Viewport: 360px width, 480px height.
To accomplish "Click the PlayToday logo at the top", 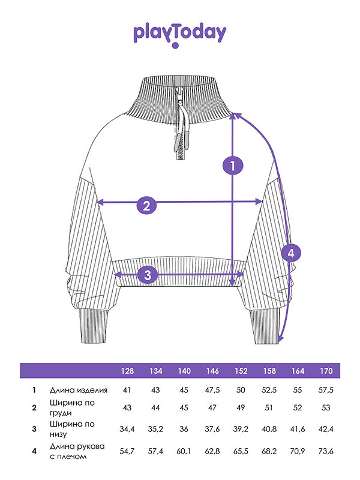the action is pyautogui.click(x=179, y=35).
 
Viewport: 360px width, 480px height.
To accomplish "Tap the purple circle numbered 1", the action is pyautogui.click(x=233, y=166).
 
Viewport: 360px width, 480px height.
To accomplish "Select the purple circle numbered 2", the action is pyautogui.click(x=146, y=205).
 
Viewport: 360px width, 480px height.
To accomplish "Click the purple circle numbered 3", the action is pyautogui.click(x=148, y=275).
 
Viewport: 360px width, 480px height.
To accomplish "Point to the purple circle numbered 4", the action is pyautogui.click(x=291, y=253).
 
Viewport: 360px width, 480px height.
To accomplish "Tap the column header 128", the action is pyautogui.click(x=127, y=371).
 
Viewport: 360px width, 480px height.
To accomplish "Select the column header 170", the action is pyautogui.click(x=326, y=371).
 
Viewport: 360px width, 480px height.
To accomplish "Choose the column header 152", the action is pyautogui.click(x=241, y=371).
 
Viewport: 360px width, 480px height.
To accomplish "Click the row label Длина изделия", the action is pyautogui.click(x=79, y=390).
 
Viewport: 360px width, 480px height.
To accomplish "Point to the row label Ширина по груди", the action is pyautogui.click(x=72, y=407).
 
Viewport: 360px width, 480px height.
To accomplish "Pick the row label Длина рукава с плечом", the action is pyautogui.click(x=77, y=451).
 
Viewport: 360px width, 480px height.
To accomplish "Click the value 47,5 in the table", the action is pyautogui.click(x=212, y=390).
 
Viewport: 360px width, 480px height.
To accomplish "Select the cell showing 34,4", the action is pyautogui.click(x=127, y=429).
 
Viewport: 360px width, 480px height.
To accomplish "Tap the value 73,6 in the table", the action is pyautogui.click(x=326, y=451).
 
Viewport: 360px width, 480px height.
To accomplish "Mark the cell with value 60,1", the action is pyautogui.click(x=184, y=451).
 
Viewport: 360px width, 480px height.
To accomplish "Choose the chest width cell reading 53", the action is pyautogui.click(x=326, y=407).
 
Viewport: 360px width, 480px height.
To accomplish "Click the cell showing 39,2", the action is pyautogui.click(x=241, y=429).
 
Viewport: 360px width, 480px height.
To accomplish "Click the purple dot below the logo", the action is pyautogui.click(x=175, y=46).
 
